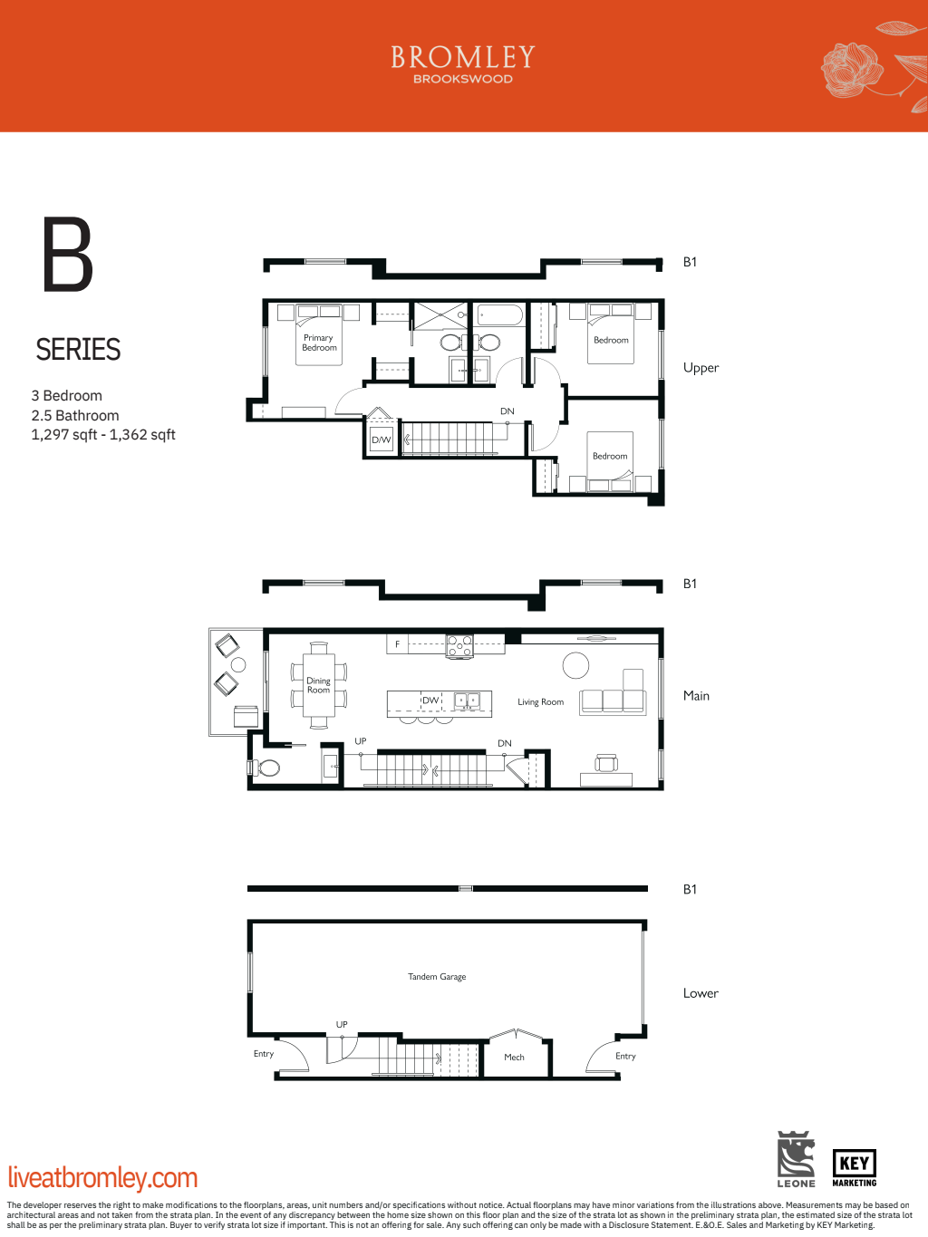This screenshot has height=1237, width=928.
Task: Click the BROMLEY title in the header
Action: click(x=463, y=57)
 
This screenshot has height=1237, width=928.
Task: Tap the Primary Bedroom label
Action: click(x=319, y=343)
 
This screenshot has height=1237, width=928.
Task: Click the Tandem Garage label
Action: click(x=437, y=977)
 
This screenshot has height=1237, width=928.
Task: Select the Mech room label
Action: click(x=514, y=1058)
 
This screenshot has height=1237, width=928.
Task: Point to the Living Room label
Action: click(x=540, y=702)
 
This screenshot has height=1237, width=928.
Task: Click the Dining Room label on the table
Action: click(x=318, y=686)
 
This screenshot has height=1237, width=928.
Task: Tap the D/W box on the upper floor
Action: click(x=382, y=440)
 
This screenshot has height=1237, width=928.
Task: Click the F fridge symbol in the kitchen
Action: click(x=397, y=644)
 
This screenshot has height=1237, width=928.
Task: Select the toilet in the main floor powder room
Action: click(x=267, y=768)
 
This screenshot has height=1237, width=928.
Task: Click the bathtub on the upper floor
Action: click(x=499, y=315)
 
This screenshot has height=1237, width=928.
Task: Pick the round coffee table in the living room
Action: click(x=575, y=665)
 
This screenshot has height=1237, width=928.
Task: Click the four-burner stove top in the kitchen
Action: click(x=459, y=646)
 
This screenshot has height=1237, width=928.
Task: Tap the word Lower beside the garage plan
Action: click(x=701, y=993)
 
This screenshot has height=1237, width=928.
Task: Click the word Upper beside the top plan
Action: click(x=701, y=368)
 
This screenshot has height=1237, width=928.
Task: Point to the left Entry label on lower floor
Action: click(x=264, y=1054)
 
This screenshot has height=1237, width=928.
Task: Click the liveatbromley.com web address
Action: click(x=102, y=1178)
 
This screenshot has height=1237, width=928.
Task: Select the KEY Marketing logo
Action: click(x=854, y=1167)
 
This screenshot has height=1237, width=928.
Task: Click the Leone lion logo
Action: click(x=796, y=1158)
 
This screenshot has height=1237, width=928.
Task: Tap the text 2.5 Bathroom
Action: click(x=75, y=416)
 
